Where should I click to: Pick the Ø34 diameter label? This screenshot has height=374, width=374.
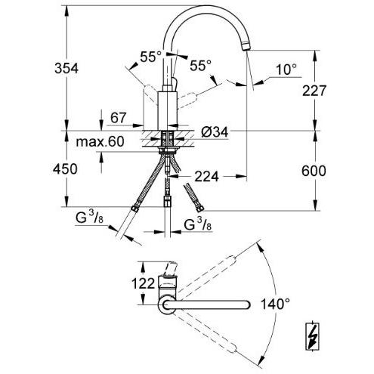tap(215, 133)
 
